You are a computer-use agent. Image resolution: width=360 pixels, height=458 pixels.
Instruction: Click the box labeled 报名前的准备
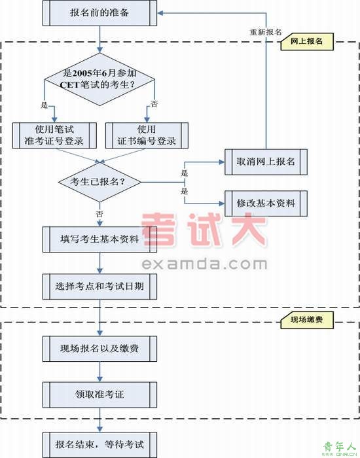click(99, 13)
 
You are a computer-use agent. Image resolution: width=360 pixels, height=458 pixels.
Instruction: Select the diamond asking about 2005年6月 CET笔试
click(99, 79)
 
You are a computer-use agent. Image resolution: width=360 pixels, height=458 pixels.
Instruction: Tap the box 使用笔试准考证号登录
click(54, 135)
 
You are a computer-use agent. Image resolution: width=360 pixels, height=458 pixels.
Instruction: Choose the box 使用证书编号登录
click(147, 135)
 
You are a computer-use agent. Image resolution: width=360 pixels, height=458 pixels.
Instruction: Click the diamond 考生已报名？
click(99, 182)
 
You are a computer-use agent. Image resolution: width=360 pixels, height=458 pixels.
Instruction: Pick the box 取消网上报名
click(266, 162)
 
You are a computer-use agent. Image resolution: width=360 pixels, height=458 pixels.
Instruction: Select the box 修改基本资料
click(266, 203)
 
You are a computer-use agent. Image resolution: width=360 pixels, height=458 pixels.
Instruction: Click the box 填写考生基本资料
click(99, 239)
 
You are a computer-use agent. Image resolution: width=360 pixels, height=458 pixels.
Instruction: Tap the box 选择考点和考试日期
click(99, 287)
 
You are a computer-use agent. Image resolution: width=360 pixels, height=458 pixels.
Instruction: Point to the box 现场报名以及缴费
click(99, 349)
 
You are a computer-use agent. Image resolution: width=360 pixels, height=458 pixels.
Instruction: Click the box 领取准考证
click(99, 395)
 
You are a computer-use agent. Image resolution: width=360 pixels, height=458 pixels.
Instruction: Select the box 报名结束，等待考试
click(99, 445)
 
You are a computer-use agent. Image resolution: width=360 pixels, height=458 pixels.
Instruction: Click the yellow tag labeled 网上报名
click(307, 41)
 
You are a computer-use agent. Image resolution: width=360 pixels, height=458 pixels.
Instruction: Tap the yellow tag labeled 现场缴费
click(307, 320)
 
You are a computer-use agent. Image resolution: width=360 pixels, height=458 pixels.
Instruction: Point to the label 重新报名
click(266, 32)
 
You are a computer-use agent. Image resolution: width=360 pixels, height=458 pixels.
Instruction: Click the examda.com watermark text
click(204, 264)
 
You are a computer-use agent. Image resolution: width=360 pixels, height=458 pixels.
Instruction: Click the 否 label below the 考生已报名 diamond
click(99, 214)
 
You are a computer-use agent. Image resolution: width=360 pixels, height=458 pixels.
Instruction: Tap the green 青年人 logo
click(340, 447)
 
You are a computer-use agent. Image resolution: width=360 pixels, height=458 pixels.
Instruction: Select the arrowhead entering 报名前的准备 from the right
click(160, 13)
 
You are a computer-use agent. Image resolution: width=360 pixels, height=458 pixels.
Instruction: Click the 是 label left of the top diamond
click(44, 105)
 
